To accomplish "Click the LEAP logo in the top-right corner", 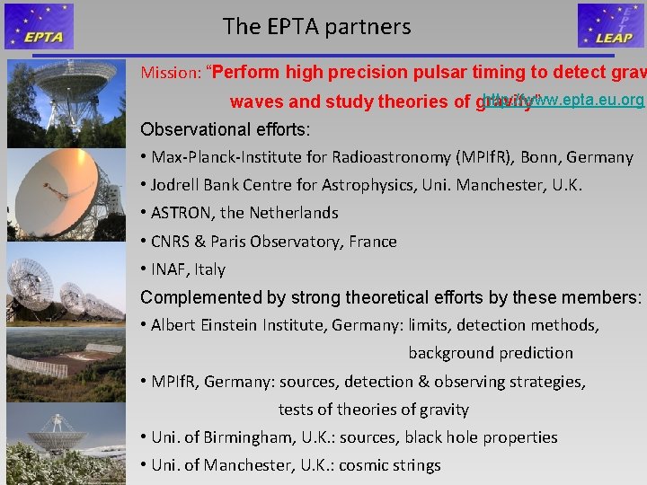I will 611,26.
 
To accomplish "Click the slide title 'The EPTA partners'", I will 317,27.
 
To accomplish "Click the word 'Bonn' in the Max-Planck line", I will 537,157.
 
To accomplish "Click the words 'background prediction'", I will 491,353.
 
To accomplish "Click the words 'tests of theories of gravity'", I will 374,410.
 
